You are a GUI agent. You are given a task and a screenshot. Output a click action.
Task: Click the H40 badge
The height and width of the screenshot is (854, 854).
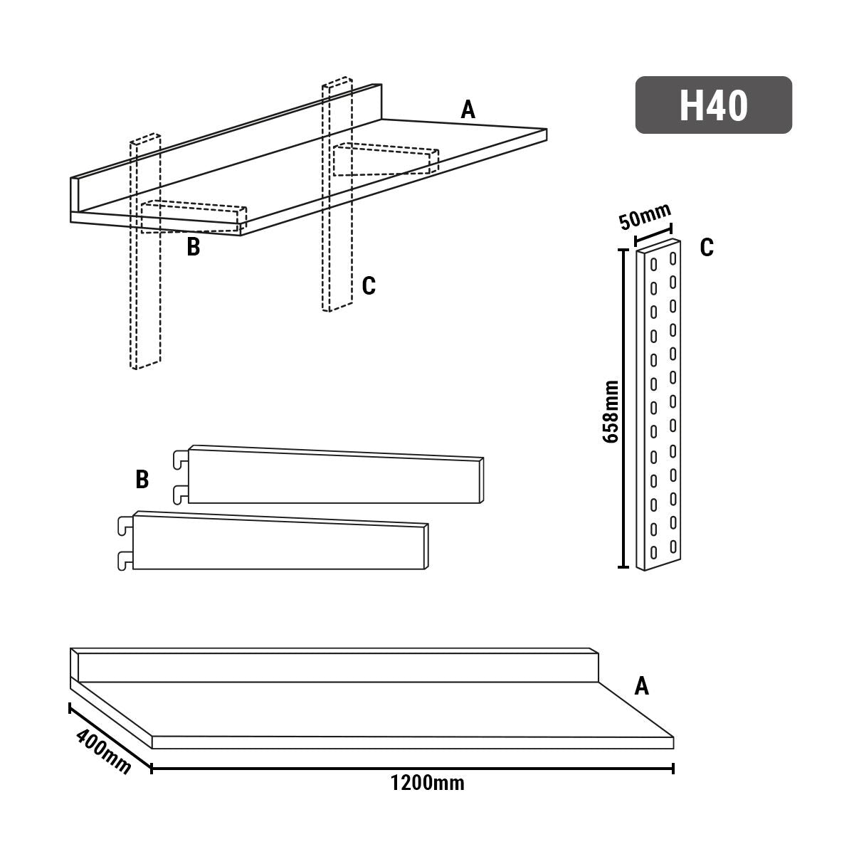[713, 105]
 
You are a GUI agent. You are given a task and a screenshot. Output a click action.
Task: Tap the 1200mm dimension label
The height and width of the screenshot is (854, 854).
[427, 784]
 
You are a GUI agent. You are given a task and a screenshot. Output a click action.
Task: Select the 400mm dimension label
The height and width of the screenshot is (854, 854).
[101, 752]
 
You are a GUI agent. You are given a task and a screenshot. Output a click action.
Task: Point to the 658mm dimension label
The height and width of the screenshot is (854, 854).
[610, 411]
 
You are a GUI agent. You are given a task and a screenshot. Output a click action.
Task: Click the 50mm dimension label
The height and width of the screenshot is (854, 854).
[645, 216]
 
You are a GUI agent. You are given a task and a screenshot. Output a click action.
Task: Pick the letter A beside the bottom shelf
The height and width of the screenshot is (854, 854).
[641, 686]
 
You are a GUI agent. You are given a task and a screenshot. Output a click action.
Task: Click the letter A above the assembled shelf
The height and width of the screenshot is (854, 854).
[468, 110]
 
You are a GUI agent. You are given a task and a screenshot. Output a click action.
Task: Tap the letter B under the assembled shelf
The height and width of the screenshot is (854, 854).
[193, 248]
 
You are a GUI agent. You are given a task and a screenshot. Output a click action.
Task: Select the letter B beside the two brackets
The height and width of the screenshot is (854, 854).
[142, 480]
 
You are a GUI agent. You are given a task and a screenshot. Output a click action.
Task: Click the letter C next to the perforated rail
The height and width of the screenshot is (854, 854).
[707, 248]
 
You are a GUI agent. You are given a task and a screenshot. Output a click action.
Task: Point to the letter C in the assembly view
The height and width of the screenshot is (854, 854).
[368, 286]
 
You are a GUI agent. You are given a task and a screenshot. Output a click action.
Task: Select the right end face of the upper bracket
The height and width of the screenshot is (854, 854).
[483, 480]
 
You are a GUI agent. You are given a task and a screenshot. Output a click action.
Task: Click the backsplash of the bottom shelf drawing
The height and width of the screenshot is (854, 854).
[334, 667]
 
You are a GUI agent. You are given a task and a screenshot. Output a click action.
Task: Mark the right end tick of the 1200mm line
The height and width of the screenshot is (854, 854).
[673, 768]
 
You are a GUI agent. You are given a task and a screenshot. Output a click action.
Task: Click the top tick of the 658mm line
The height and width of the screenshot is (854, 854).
[623, 250]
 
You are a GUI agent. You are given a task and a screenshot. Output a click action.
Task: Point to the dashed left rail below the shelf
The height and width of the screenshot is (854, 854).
[144, 299]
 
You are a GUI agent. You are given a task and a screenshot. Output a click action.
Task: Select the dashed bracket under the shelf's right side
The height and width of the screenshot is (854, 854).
[384, 161]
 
